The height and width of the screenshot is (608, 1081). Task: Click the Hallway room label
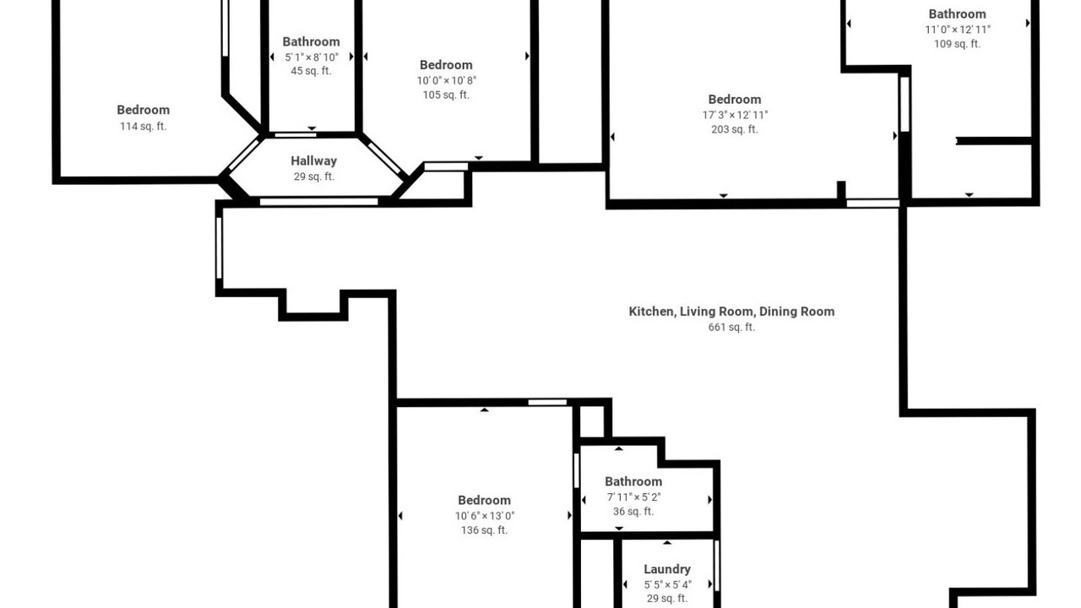pos(313,160)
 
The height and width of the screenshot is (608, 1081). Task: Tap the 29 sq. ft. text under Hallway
pos(313,176)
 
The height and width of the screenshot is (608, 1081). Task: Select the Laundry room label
pos(667,569)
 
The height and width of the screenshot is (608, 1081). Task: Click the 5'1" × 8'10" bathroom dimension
pos(312,57)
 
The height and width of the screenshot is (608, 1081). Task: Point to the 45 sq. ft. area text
pos(311,71)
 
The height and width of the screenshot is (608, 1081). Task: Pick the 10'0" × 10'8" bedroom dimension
pos(447,80)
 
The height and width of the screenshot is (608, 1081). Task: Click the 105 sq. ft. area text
pos(446,95)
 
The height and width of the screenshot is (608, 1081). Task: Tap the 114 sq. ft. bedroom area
pos(143,127)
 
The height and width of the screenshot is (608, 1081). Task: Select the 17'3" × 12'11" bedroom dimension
pos(735,116)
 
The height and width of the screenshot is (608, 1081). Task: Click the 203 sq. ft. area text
pos(735,129)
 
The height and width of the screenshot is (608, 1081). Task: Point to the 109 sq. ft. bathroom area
pos(957,44)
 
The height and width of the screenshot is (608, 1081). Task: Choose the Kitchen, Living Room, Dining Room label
pos(731,312)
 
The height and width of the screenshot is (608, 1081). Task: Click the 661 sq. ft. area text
pos(731,327)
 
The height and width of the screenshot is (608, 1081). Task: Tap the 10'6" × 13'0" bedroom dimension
pos(485,516)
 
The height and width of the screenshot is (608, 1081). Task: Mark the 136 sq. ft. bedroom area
pos(484,530)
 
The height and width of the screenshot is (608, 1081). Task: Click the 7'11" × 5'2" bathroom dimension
pos(633,497)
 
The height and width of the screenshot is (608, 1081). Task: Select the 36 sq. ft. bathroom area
pos(633,512)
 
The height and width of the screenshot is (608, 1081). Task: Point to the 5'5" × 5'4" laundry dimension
pos(667,585)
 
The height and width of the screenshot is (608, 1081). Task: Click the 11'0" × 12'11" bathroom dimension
pos(958,30)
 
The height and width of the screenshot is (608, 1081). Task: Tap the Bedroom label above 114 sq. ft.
pos(144,110)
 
